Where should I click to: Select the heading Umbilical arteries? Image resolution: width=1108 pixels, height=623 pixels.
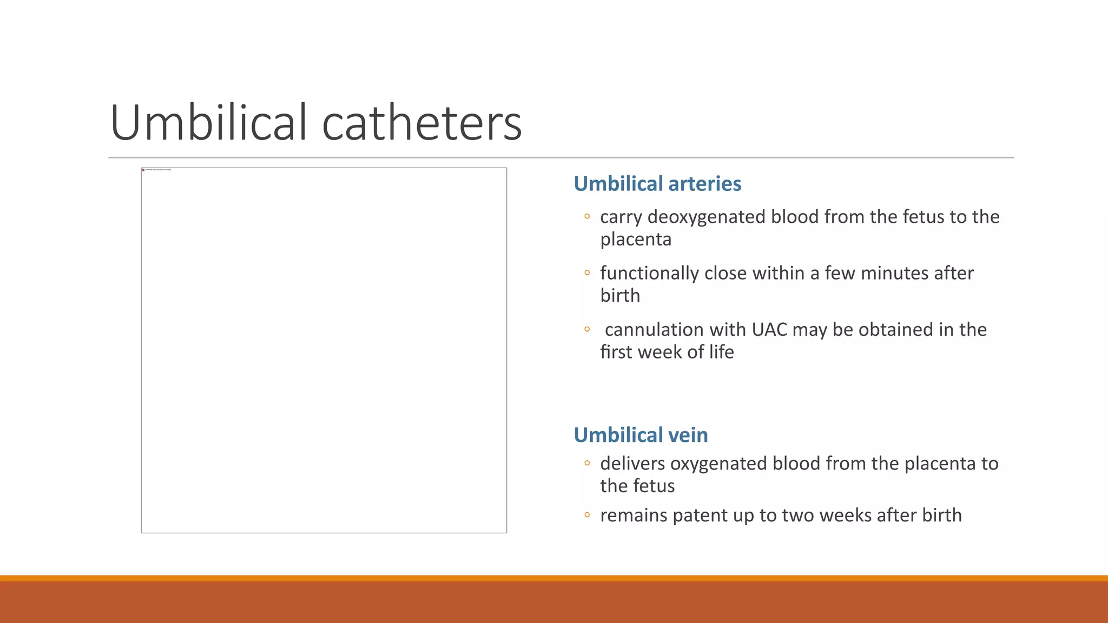pyautogui.click(x=657, y=184)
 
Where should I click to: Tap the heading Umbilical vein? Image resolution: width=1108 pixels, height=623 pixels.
pyautogui.click(x=641, y=435)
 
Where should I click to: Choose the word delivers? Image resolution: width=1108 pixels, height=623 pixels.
pyautogui.click(x=632, y=463)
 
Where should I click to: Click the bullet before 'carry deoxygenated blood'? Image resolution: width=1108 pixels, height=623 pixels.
pyautogui.click(x=587, y=217)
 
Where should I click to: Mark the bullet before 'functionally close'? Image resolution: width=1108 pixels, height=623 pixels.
pyautogui.click(x=587, y=273)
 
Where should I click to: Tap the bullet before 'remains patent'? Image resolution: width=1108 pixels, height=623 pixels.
pyautogui.click(x=587, y=515)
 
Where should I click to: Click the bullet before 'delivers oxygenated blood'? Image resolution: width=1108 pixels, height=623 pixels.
pyautogui.click(x=587, y=463)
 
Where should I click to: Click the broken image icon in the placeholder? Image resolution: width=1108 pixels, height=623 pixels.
pyautogui.click(x=143, y=170)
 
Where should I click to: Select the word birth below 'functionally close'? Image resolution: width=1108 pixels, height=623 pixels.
pyautogui.click(x=620, y=296)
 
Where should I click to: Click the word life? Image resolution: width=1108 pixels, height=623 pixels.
pyautogui.click(x=721, y=352)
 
